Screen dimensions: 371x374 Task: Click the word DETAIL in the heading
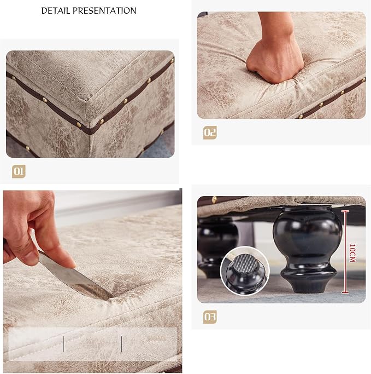[x=56, y=11]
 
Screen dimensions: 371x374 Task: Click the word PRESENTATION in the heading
[x=104, y=11]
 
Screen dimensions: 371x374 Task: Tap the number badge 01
[x=19, y=171]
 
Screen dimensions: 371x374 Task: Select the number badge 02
[x=210, y=133]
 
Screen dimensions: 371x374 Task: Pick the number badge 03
[x=210, y=317]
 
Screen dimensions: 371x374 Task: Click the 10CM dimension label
[x=352, y=253]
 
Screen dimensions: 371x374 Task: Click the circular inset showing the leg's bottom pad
[x=245, y=271]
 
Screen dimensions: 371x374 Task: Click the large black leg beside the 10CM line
[x=308, y=249]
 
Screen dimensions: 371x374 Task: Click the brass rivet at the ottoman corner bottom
[x=79, y=124]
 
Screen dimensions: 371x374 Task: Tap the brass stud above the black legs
[x=214, y=199]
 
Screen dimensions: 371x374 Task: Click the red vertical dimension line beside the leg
[x=345, y=252]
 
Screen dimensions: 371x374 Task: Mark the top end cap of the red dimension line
[x=345, y=211]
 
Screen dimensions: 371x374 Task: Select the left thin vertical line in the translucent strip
[x=64, y=344]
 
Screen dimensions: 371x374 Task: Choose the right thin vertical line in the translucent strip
[x=122, y=344]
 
